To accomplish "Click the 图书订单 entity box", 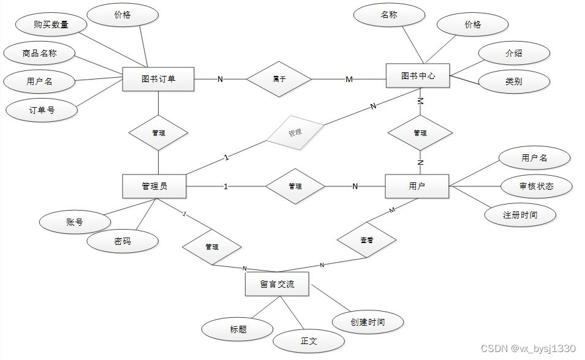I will point(158,79).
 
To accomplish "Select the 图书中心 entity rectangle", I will point(418,76).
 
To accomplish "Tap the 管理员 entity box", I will point(154,186).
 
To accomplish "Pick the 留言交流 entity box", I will point(277,284).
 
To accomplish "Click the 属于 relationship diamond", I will point(279,79).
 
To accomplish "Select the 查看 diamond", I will point(366,241).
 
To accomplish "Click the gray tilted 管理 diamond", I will point(295,132).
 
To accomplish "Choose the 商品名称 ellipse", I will point(39,53).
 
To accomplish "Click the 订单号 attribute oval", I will point(42,110).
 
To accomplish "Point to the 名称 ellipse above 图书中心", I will point(389,15).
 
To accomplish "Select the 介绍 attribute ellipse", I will point(513,53).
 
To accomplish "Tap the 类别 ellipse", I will point(513,81).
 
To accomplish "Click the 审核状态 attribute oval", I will point(536,186).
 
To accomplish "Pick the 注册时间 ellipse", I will point(520,215).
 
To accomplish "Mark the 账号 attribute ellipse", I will point(74,222).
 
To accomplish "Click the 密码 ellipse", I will point(123,241).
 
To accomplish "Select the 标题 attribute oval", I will point(238,329).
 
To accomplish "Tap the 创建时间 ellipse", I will point(368,322).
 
